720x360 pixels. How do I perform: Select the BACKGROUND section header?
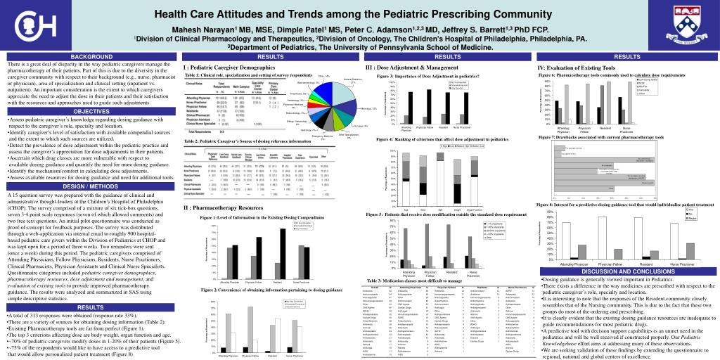click(91, 56)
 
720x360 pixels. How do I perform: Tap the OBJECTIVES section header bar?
click(91, 112)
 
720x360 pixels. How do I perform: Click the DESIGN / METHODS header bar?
click(91, 186)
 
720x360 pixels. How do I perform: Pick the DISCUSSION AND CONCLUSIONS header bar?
click(628, 271)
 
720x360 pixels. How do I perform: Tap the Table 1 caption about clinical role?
click(247, 75)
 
